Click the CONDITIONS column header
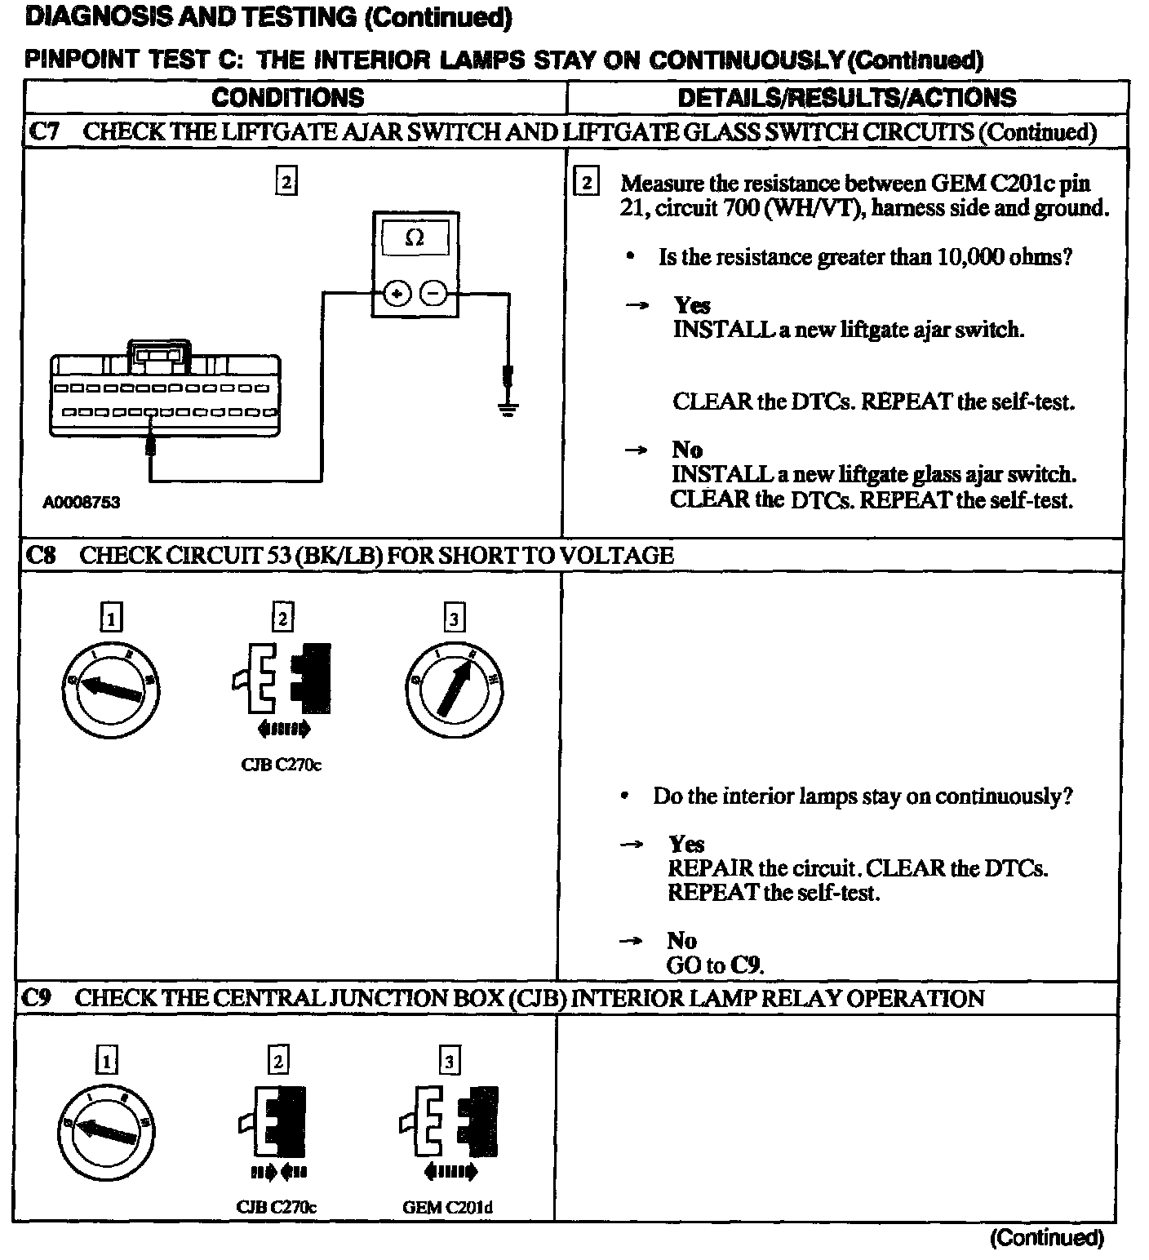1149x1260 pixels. (287, 98)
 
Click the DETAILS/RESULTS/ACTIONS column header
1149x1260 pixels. (847, 98)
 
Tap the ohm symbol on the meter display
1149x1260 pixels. (415, 238)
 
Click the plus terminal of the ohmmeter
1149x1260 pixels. (397, 292)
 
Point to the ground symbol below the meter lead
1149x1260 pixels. (508, 408)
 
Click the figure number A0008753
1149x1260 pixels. (81, 503)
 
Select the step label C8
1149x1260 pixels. (42, 556)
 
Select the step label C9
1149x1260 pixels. (38, 998)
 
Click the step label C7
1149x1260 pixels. (44, 132)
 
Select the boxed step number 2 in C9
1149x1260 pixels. (278, 1061)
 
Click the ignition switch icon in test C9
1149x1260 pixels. (107, 1131)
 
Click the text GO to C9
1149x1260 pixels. (715, 965)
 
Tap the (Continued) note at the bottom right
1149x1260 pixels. (1046, 1238)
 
